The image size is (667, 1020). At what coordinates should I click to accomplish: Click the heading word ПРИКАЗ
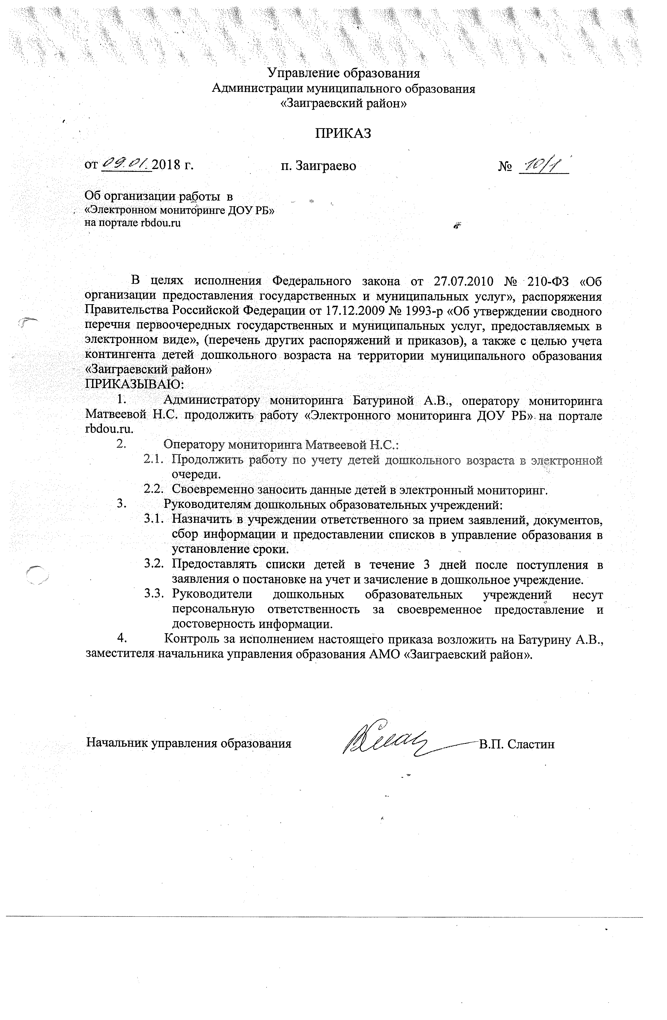[343, 134]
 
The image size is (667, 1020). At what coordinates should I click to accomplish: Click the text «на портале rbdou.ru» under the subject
[133, 223]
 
